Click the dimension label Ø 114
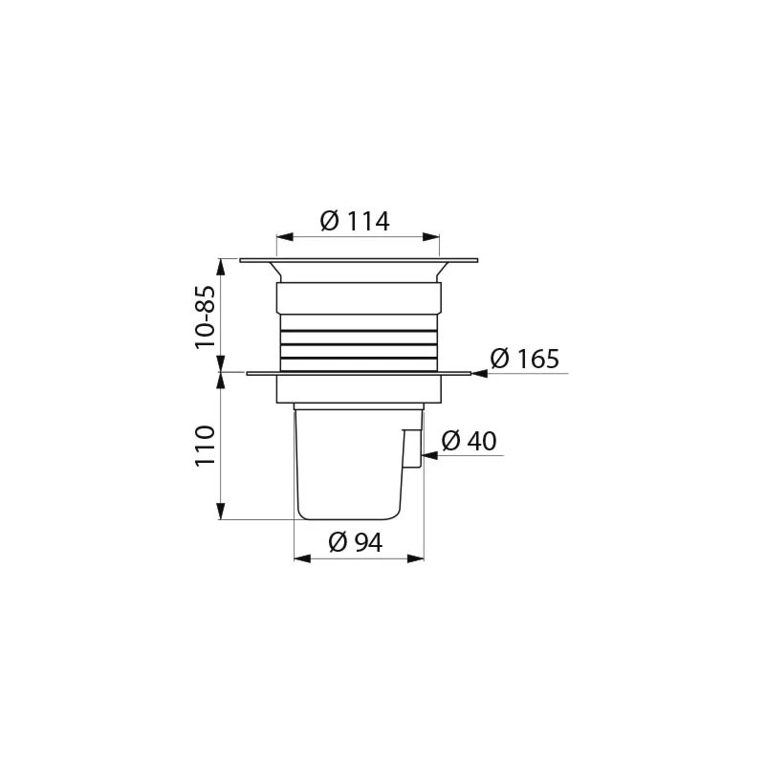[x=355, y=221]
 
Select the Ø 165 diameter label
[x=525, y=360]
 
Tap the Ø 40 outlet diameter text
[x=469, y=441]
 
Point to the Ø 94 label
[x=356, y=542]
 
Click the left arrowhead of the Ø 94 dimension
[x=299, y=557]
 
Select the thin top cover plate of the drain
[x=359, y=259]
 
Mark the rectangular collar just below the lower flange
[x=359, y=388]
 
